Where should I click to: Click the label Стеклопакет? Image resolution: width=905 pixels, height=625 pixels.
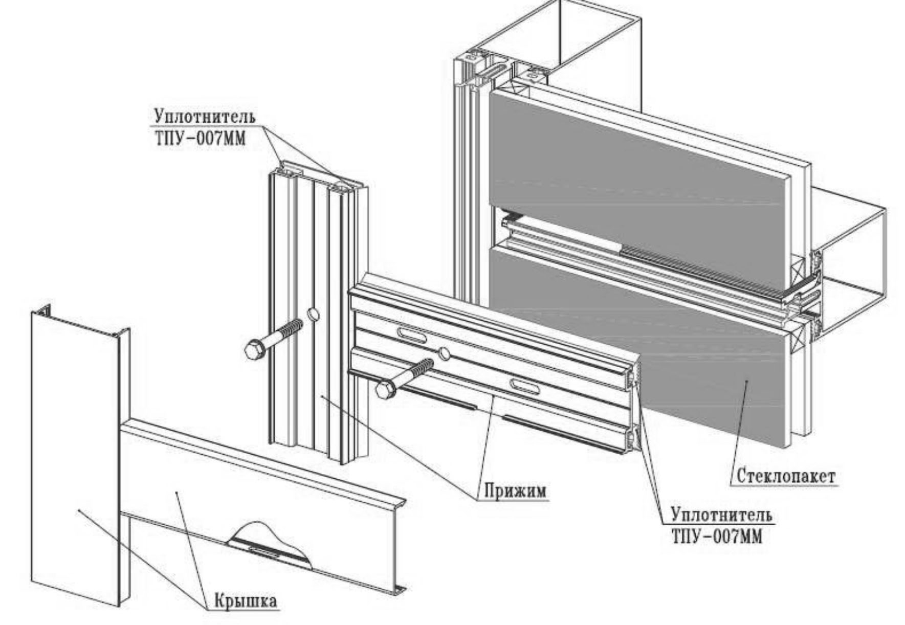pos(785,476)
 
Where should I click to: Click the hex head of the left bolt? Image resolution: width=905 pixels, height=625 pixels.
pos(254,351)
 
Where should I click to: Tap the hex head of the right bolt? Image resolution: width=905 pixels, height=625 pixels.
pos(385,390)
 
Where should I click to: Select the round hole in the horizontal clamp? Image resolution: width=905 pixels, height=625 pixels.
pos(444,352)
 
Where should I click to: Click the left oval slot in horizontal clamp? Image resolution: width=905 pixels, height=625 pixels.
pos(411,336)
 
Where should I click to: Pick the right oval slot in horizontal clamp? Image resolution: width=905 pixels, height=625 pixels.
pos(524,386)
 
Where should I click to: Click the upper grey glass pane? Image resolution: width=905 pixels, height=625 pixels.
pos(634,169)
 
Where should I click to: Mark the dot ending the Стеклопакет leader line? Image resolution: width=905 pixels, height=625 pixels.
pos(746,381)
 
